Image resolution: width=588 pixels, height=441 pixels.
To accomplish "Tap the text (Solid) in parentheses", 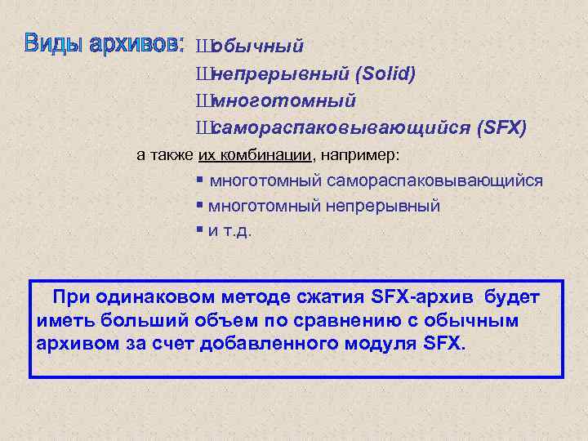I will click(x=385, y=74).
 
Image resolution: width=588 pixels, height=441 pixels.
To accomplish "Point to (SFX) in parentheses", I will click(x=501, y=128).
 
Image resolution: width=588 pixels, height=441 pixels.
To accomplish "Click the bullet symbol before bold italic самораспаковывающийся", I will click(x=202, y=128).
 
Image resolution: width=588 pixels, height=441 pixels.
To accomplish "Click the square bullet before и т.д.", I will click(x=200, y=229).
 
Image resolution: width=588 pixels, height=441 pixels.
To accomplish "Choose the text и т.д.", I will click(x=231, y=230).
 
